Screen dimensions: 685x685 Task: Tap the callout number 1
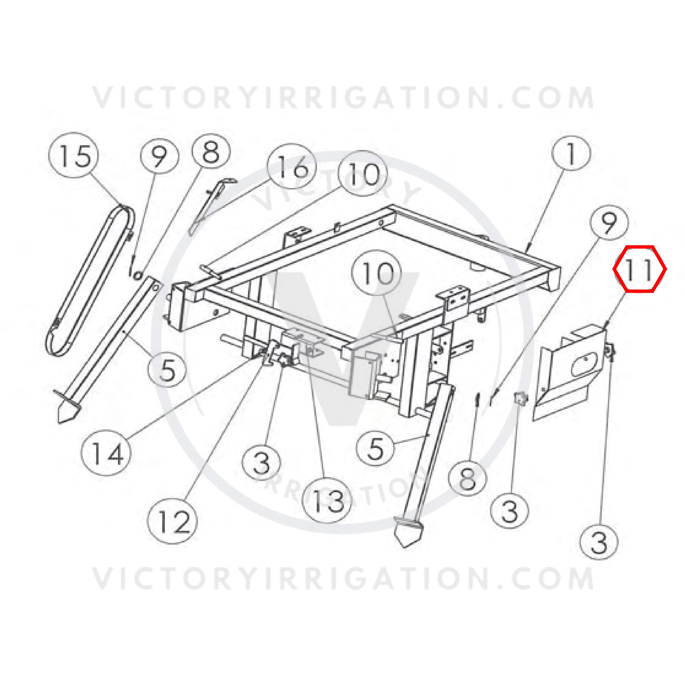coord(571,155)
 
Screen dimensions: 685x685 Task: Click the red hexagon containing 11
coord(640,269)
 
